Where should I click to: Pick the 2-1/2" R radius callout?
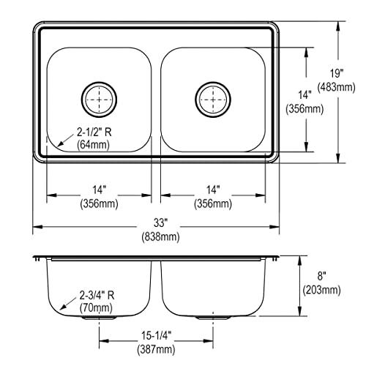pyautogui.click(x=97, y=132)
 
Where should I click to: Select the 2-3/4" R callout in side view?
pyautogui.click(x=97, y=296)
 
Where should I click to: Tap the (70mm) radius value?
pyautogui.click(x=95, y=309)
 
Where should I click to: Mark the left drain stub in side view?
pyautogui.click(x=102, y=319)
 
